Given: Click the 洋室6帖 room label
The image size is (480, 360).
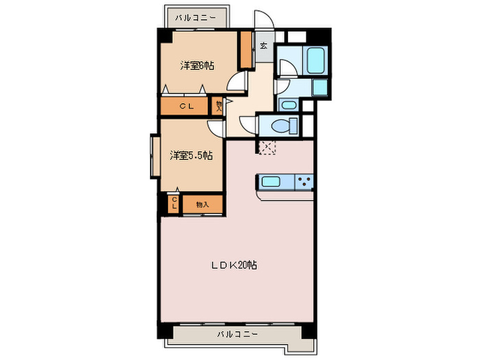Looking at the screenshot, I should [197, 66].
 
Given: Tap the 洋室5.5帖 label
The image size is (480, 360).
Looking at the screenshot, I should [191, 156].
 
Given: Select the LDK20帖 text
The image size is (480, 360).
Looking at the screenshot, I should [233, 265].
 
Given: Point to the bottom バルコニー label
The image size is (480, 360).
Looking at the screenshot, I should [237, 334].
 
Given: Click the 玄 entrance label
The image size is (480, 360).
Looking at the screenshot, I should [264, 47].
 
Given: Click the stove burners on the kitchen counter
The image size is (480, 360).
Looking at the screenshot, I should [304, 182].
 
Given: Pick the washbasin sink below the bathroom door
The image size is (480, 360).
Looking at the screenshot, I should [288, 105].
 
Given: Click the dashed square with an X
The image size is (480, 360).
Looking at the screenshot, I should [267, 145].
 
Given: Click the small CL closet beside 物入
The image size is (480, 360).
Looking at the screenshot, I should [174, 203].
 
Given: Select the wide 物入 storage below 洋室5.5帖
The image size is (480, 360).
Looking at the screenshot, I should [202, 204].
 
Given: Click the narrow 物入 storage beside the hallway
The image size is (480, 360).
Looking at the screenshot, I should [218, 106].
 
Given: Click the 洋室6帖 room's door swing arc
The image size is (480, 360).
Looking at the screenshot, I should [237, 82].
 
